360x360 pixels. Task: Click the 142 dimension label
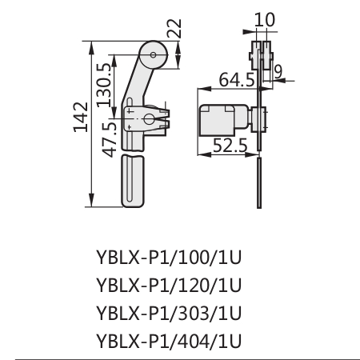81,117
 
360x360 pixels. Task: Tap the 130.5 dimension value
104,85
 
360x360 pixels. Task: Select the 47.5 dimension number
110,140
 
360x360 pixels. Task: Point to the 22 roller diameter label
174,28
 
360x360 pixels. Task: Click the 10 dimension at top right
264,20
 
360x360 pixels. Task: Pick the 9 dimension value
278,71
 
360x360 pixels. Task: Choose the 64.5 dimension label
237,80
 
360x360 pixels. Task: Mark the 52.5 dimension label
230,146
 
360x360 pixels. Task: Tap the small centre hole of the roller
153,55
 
